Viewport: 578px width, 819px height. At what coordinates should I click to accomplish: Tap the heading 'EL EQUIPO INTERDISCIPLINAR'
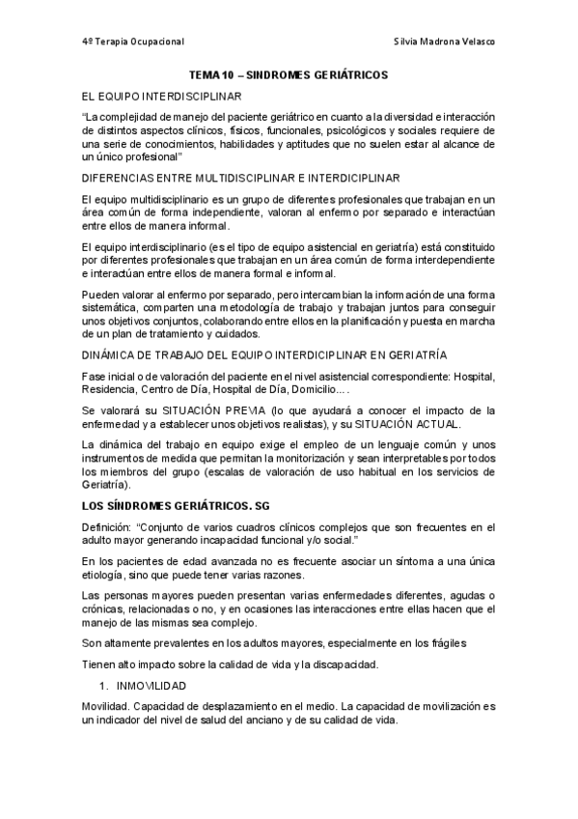pos(163,97)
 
